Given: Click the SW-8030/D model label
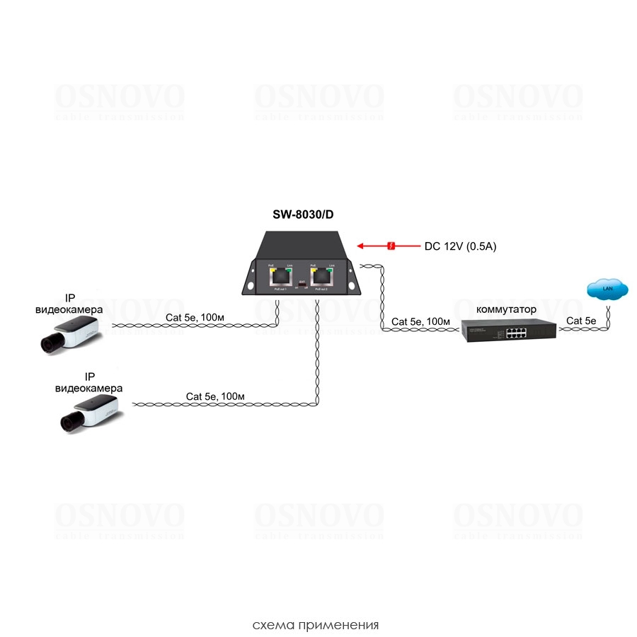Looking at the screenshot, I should (x=303, y=215).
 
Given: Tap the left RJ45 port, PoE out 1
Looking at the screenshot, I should (x=281, y=277).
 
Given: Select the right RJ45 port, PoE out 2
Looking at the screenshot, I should (x=322, y=277).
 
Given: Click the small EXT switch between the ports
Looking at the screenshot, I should (x=302, y=286).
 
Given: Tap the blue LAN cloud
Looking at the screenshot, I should (x=607, y=288).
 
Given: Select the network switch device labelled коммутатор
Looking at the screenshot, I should (x=509, y=331).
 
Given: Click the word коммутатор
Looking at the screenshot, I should (x=506, y=309).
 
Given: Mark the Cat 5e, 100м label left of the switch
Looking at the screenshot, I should (x=421, y=321).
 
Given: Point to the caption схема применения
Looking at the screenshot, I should (x=316, y=625).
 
